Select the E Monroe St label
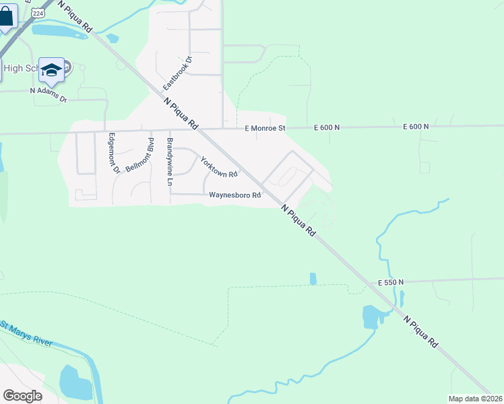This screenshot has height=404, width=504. tap(265, 127)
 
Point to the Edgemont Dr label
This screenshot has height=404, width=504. tap(112, 154)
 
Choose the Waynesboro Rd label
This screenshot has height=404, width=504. tap(234, 195)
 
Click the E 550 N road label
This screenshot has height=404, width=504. tap(391, 282)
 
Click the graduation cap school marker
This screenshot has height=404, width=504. tap(51, 69)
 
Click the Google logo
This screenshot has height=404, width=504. tap(22, 395)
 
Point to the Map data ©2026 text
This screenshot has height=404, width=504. tap(475, 399)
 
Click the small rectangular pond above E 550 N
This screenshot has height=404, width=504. tap(313, 278)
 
